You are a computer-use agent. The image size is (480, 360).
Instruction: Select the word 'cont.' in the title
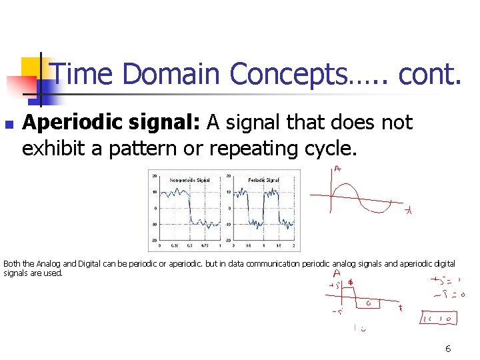pyautogui.click(x=429, y=73)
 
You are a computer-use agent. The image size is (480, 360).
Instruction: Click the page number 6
pyautogui.click(x=448, y=349)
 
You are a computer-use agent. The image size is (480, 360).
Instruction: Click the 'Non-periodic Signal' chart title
pyautogui.click(x=189, y=180)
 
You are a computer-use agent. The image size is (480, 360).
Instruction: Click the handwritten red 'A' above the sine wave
pyautogui.click(x=338, y=170)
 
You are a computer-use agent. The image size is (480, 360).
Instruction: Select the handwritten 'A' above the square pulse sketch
pyautogui.click(x=337, y=273)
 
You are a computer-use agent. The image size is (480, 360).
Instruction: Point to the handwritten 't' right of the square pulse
pyautogui.click(x=400, y=308)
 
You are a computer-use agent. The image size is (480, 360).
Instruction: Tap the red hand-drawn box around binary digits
pyautogui.click(x=439, y=319)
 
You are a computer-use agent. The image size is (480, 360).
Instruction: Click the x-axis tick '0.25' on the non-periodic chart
pyautogui.click(x=174, y=245)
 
